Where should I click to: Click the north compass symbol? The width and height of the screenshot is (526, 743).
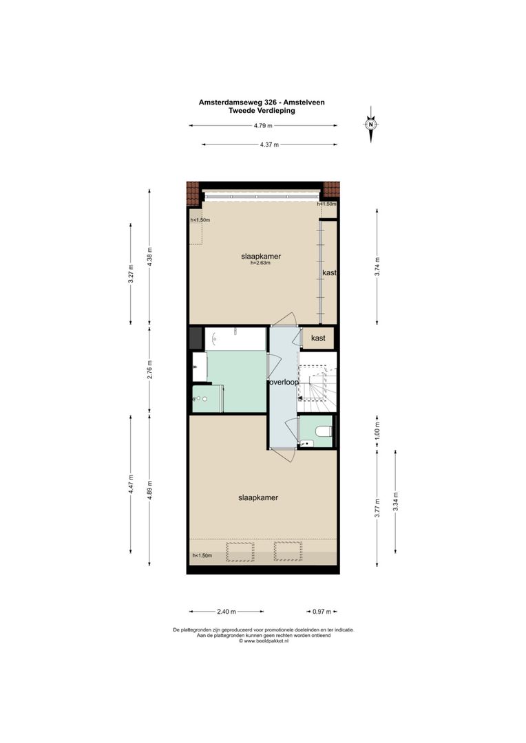(371, 125)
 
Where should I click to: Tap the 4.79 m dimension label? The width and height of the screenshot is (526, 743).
(263, 126)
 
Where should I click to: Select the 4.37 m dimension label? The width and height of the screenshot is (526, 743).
(269, 144)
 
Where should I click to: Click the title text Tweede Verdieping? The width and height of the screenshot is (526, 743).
(262, 109)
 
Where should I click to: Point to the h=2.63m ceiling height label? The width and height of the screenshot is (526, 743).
(261, 263)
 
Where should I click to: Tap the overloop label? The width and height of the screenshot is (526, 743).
(283, 382)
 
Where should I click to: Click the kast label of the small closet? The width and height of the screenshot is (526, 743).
(318, 338)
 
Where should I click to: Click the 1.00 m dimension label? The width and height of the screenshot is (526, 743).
(377, 431)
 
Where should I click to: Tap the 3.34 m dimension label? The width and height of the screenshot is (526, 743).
(395, 501)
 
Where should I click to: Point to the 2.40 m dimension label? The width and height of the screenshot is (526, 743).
(227, 611)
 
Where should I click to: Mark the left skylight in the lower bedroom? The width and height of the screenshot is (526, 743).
(240, 551)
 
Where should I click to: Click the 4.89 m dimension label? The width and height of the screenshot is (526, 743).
(150, 494)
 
